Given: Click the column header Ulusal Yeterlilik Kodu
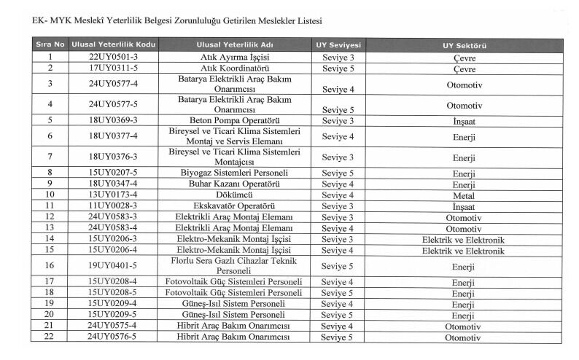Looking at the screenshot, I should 112,45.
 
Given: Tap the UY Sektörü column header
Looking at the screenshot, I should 464,45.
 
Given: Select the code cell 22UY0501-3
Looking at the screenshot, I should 112,57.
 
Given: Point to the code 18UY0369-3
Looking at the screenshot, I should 112,120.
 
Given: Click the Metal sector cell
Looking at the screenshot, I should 464,195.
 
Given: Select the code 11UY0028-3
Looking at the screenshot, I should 112,206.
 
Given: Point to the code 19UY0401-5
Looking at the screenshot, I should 112,266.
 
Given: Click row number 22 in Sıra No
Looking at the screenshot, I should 50,337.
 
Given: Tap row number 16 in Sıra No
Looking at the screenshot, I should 50,266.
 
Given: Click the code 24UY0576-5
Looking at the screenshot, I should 112,337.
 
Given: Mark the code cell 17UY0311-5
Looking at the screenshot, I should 112,68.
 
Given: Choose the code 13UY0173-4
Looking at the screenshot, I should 112,195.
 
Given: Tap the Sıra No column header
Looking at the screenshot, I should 50,45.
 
